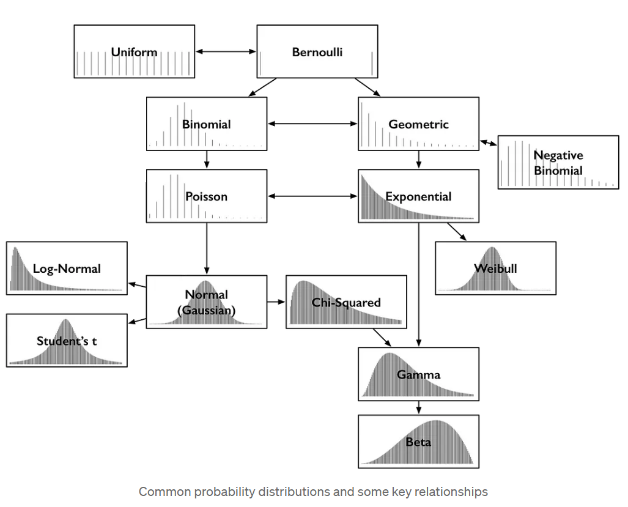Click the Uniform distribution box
135,52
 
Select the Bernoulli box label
317,52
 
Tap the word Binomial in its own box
206,124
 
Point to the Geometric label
418,124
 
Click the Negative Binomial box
558,163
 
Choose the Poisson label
206,196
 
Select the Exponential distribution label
418,196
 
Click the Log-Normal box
67,268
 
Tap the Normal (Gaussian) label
206,302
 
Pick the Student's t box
67,341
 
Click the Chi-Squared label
346,302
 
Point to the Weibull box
495,268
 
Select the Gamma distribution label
418,374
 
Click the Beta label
418,442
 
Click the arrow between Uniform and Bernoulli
226,52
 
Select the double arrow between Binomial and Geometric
312,124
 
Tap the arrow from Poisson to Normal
207,248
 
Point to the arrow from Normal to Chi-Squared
276,302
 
